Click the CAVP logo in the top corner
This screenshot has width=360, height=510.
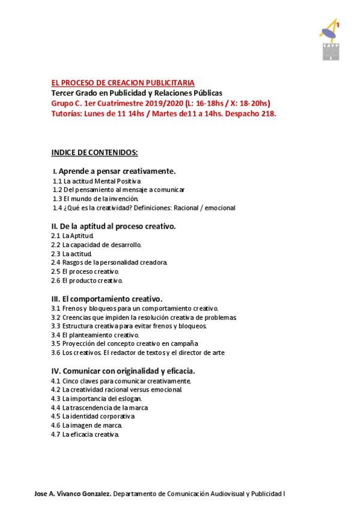click(x=329, y=40)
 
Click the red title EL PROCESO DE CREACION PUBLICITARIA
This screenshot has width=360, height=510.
click(x=123, y=83)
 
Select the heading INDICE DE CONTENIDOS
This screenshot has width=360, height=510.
click(x=94, y=152)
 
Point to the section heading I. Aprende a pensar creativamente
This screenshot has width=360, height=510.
click(x=114, y=171)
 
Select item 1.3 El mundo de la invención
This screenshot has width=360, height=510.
click(x=96, y=198)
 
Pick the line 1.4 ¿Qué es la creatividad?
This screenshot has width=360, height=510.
click(x=144, y=207)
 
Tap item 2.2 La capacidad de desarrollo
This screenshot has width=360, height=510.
click(x=96, y=245)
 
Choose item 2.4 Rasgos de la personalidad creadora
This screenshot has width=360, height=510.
click(x=109, y=262)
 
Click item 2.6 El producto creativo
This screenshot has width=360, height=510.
click(x=87, y=280)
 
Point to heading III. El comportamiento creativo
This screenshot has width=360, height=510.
click(x=107, y=298)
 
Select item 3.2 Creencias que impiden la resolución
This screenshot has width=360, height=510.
click(x=144, y=317)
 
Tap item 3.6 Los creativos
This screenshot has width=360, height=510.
click(x=138, y=353)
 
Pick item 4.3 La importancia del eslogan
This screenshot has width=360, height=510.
click(x=97, y=398)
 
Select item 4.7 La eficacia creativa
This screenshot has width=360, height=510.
click(x=85, y=434)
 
